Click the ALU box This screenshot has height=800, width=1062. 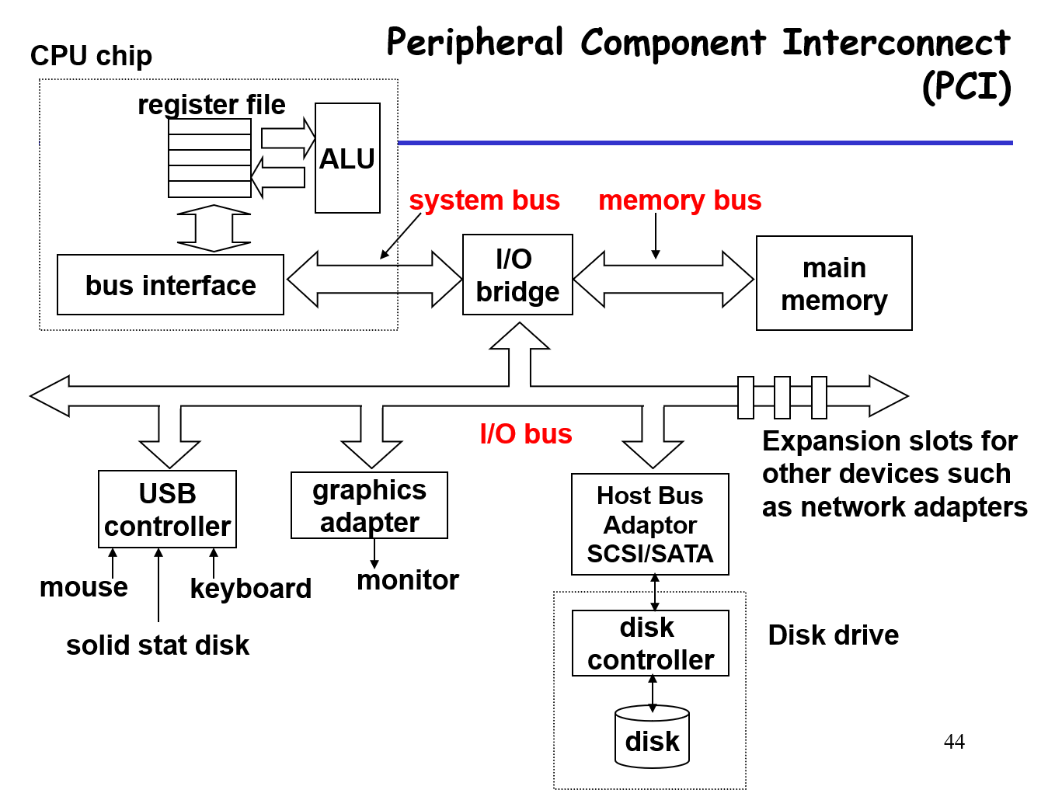click(347, 158)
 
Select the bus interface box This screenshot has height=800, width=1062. click(170, 285)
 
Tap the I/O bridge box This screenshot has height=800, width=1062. click(517, 275)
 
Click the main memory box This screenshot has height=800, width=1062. click(834, 283)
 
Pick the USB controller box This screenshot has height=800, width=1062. click(167, 510)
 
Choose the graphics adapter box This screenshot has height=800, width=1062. click(369, 506)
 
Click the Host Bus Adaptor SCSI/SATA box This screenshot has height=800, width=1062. click(649, 524)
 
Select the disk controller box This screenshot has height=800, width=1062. click(650, 643)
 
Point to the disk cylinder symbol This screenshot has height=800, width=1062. click(652, 738)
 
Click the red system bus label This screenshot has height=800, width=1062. click(484, 200)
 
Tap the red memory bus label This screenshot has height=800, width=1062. click(679, 200)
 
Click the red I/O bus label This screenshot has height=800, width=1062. click(526, 434)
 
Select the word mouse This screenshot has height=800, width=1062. click(84, 587)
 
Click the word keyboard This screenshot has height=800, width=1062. click(250, 589)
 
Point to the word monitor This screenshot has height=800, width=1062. click(408, 580)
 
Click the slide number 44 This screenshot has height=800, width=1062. click(954, 743)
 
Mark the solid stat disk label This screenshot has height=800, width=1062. click(158, 645)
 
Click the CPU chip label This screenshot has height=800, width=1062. click(91, 56)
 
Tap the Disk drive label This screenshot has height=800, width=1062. click(833, 635)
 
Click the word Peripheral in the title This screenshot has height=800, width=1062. click(475, 43)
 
